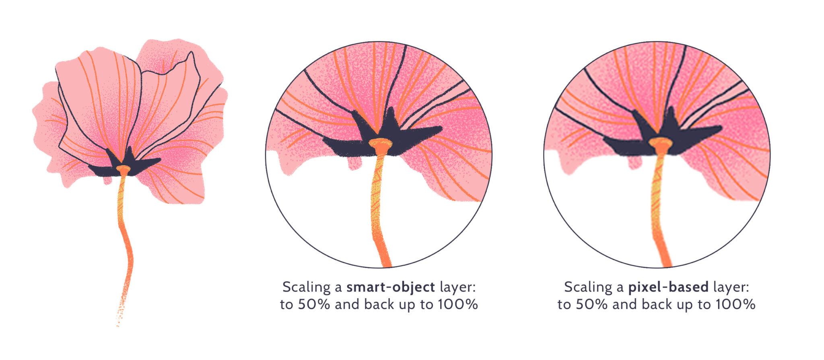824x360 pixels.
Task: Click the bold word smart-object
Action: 390,287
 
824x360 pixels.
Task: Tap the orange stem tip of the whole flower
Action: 123,169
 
